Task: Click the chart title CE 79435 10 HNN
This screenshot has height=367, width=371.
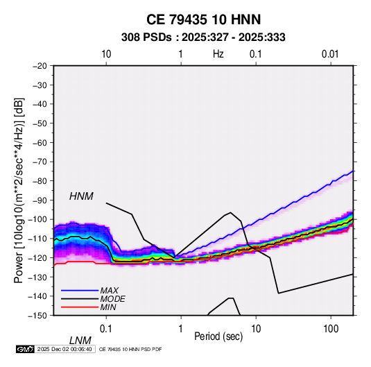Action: (203, 19)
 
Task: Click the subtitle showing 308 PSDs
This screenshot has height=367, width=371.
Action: (203, 37)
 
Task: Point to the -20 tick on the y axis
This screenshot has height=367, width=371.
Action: (40, 66)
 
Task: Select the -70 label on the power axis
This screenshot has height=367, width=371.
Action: (40, 162)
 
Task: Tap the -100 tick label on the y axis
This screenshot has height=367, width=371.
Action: (38, 219)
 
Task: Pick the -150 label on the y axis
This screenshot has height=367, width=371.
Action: (38, 316)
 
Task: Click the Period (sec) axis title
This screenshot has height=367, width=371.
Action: (218, 336)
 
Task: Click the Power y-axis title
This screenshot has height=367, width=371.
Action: (19, 191)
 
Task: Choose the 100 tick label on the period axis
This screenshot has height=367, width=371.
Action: (331, 329)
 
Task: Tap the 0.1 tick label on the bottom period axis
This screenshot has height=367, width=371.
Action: (106, 329)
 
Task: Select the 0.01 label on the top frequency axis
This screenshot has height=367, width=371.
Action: (330, 54)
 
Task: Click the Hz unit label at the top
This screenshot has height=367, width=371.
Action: (218, 54)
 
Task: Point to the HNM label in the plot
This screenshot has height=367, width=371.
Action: (81, 196)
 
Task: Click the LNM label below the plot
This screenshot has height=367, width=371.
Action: (80, 341)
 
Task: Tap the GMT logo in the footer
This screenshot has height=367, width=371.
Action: (26, 349)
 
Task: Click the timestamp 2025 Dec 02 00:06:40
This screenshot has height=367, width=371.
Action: (64, 349)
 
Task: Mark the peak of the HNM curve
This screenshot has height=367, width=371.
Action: (230, 212)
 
